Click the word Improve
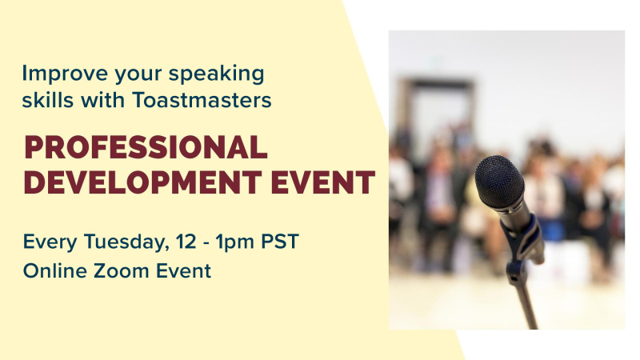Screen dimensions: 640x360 point(65,74)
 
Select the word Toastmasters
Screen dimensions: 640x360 point(202,100)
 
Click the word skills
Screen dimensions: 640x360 point(48,99)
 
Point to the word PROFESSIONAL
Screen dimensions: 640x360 point(146,147)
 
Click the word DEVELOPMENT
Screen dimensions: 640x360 point(143,182)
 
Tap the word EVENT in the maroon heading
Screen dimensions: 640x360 point(323,182)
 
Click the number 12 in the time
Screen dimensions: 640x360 point(186,242)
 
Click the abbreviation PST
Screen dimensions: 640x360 point(280,242)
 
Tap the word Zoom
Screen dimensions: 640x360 point(121,270)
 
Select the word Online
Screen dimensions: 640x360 point(54,270)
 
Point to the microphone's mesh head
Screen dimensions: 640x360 point(499,182)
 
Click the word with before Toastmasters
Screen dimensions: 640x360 point(103,99)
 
